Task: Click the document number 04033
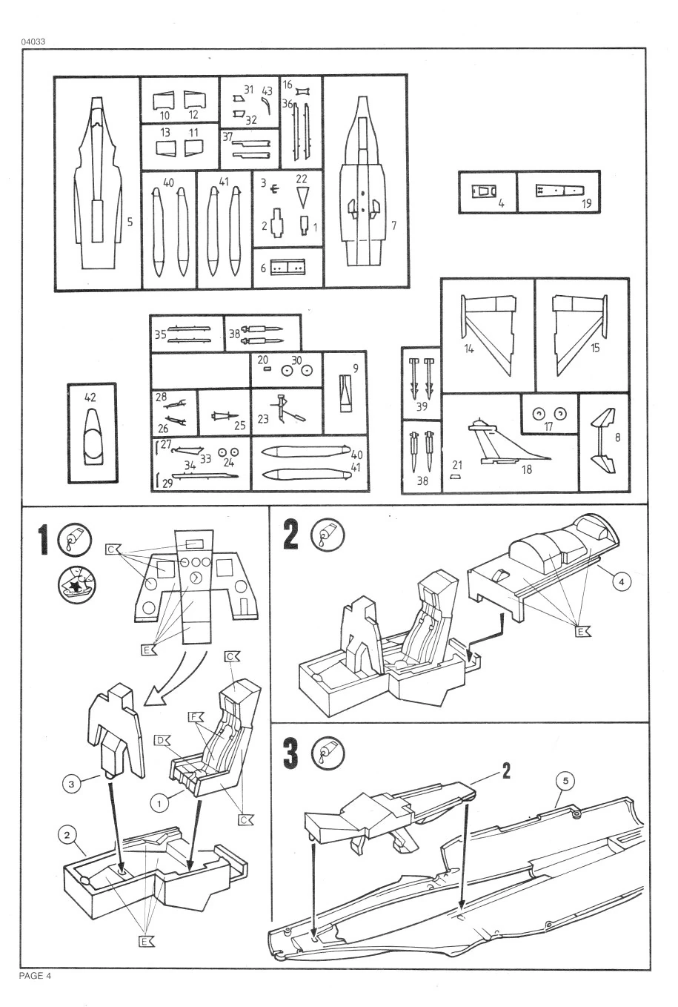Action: tap(34, 41)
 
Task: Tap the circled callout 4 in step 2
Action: tap(622, 582)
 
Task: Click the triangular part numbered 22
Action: tap(302, 197)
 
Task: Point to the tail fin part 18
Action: tap(511, 445)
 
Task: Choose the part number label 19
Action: tap(587, 203)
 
